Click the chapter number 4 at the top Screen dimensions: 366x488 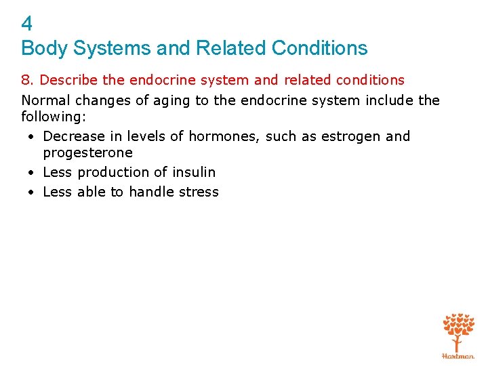[x=26, y=24]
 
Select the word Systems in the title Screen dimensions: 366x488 [x=96, y=49]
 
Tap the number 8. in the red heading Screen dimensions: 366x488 [x=28, y=81]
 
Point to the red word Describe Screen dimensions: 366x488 [x=69, y=81]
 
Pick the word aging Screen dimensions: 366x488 [x=164, y=101]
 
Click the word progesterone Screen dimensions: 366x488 [x=87, y=153]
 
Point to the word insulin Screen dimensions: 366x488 [x=193, y=172]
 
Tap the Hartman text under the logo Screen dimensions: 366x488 [x=458, y=355]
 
